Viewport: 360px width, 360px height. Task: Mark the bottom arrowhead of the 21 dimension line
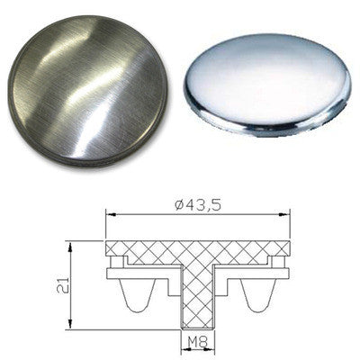click(70, 326)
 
